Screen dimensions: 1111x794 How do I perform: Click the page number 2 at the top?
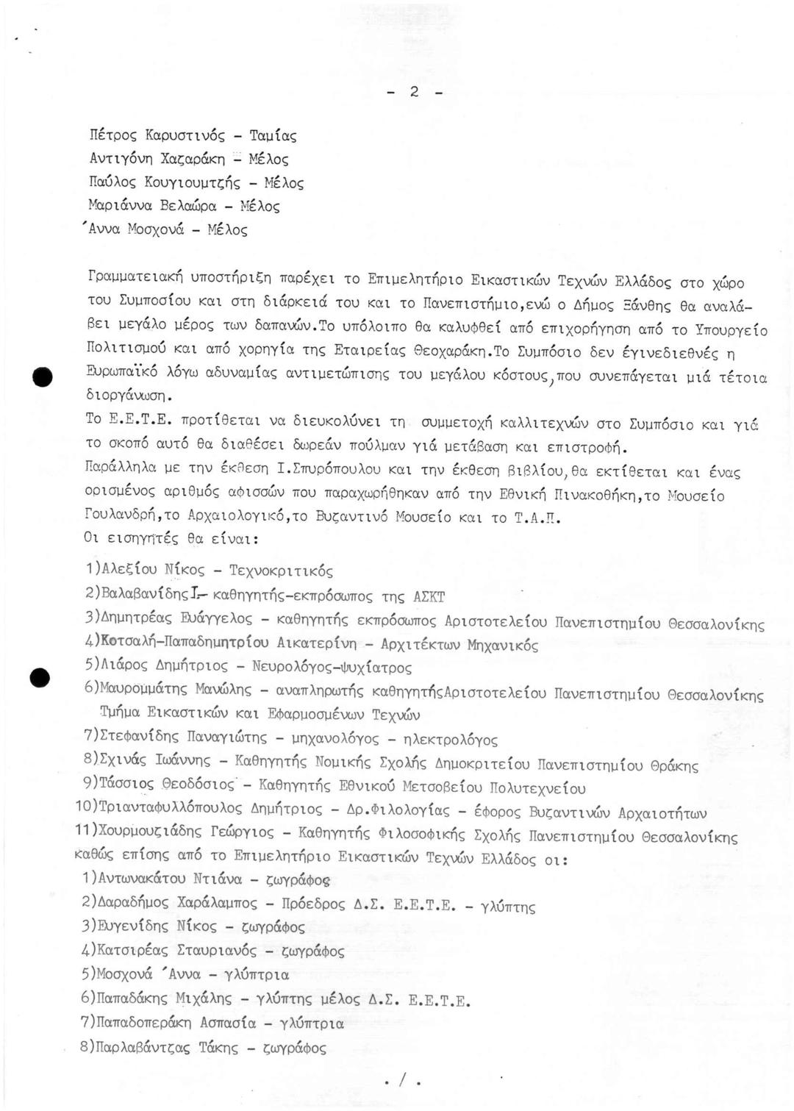click(414, 92)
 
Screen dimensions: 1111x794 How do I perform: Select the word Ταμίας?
click(273, 135)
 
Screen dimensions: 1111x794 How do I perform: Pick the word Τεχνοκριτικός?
click(281, 571)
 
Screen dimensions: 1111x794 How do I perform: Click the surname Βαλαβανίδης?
click(140, 595)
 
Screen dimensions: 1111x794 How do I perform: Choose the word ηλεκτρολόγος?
click(446, 739)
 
